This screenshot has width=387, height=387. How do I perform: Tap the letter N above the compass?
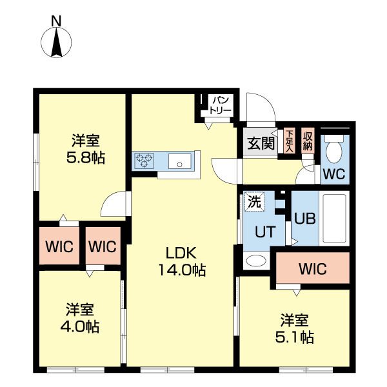56,21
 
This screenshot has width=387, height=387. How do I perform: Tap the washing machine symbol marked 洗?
254,201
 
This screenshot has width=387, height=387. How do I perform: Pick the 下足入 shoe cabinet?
289,140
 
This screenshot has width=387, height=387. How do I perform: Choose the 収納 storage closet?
308,140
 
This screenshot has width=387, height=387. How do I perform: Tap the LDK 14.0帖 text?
183,261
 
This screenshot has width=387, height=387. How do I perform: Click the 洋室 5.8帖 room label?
86,148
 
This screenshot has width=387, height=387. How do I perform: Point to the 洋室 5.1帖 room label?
296,328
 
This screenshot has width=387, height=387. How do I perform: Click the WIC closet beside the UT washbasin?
312,268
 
